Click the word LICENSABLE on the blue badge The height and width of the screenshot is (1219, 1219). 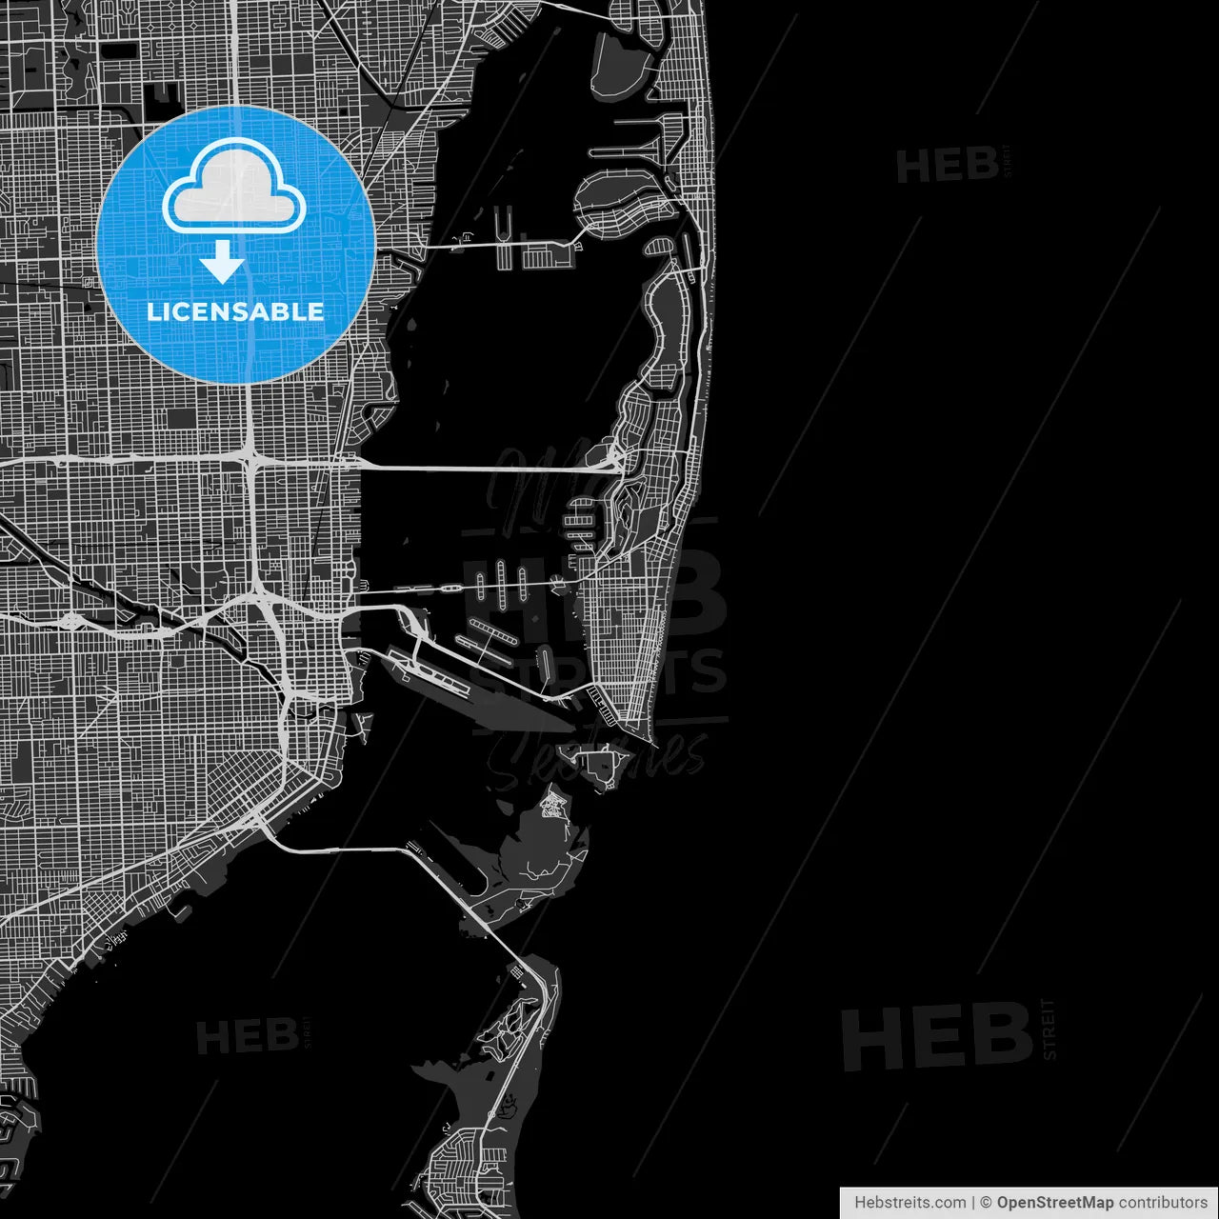click(x=235, y=311)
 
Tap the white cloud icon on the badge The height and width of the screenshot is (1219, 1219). click(x=234, y=188)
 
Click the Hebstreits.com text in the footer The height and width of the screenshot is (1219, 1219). click(x=909, y=1203)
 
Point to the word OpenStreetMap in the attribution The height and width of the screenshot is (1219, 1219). click(x=1054, y=1203)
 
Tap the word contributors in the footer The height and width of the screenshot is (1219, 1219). click(x=1162, y=1203)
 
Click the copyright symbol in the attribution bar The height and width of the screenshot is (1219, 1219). click(x=987, y=1203)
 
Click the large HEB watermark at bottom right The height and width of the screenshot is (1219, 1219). click(x=937, y=1038)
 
